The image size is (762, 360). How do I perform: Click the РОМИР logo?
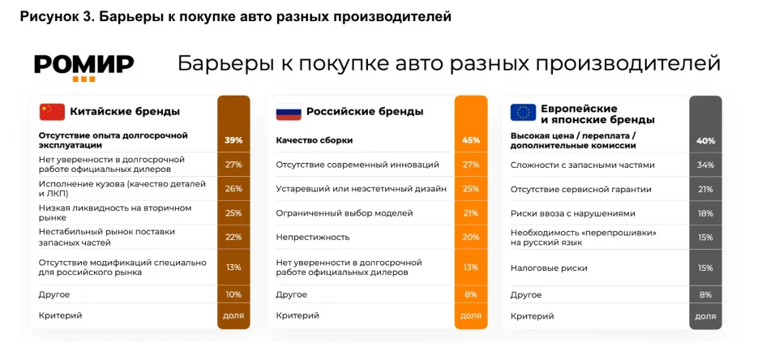point(83,66)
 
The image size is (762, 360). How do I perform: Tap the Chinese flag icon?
point(52,112)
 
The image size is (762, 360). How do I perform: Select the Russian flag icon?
point(288,112)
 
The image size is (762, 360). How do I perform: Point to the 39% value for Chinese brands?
point(233,140)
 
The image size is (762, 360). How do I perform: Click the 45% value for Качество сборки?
point(470,140)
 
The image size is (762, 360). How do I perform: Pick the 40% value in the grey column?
point(705,140)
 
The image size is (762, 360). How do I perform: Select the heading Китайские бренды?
point(125,112)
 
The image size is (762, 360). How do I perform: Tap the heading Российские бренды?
point(364,112)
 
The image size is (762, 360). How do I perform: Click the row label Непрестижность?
point(312,238)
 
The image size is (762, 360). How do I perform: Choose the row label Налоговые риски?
point(549,268)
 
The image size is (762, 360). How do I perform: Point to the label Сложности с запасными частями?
point(582,165)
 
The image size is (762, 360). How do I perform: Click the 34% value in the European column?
point(705,165)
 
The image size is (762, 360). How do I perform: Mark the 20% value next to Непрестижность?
point(470,238)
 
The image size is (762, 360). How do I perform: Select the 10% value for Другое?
point(233,294)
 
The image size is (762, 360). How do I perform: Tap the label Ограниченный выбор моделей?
point(344,213)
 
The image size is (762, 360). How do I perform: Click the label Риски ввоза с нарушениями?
point(572,213)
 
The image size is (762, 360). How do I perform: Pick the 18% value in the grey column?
point(705,213)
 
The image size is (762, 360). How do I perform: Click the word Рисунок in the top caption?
point(47,16)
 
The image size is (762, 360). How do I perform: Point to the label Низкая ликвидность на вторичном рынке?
point(115,212)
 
